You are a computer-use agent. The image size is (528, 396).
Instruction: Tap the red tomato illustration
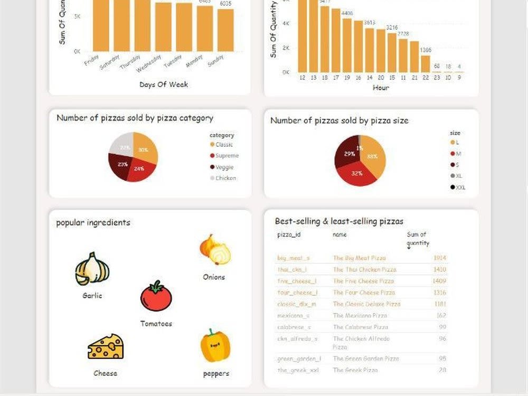point(156,297)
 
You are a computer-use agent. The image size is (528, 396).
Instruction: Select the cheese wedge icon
point(106,347)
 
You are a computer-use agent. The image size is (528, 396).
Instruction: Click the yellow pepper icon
point(215,346)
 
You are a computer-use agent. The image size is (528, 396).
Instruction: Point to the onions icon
point(215,250)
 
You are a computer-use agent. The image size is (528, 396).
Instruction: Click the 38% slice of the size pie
point(374,156)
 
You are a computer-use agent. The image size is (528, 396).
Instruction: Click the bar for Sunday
point(225,30)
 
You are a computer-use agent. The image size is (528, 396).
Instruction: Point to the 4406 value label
point(347,13)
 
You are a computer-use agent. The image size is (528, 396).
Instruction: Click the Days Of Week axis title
point(164,84)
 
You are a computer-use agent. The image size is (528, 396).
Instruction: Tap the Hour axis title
point(380,88)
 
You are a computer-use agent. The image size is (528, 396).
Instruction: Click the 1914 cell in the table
point(439,258)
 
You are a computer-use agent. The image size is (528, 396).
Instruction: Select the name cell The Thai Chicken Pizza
point(364,270)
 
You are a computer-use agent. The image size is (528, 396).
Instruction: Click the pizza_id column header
point(288,234)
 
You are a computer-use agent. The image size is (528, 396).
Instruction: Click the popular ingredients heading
point(93,223)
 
